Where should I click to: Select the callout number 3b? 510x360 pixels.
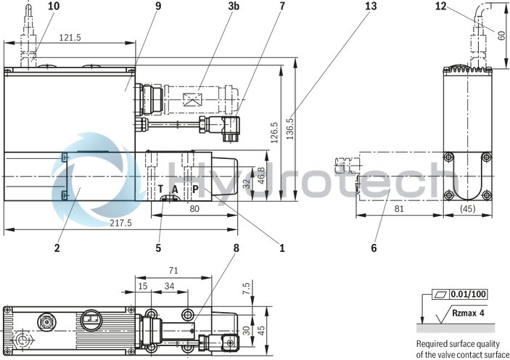click(x=233, y=7)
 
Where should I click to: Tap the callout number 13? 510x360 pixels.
click(x=372, y=7)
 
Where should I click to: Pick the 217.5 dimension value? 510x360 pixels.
click(x=120, y=224)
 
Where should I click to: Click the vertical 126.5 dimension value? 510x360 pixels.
click(x=274, y=132)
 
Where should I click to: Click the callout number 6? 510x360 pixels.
click(x=373, y=247)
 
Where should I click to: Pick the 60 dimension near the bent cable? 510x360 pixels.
click(x=501, y=34)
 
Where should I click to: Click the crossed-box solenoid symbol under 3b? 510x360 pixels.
click(x=190, y=101)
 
